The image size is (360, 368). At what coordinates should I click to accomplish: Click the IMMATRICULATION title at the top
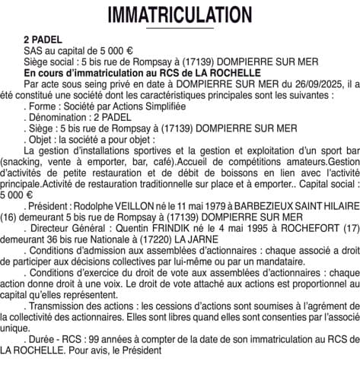pyautogui.click(x=180, y=14)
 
